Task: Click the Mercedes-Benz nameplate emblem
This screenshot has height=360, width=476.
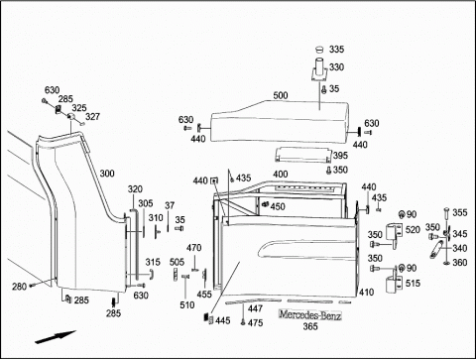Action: (310, 315)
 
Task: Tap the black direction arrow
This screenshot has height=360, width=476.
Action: (56, 337)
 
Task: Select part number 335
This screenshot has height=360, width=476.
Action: (336, 50)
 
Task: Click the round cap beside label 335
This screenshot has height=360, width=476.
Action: (319, 50)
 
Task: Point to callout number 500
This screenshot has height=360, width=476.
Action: (281, 95)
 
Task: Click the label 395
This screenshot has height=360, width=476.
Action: (340, 155)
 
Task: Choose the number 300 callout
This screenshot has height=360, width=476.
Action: (107, 174)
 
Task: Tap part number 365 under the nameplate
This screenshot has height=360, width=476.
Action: (310, 326)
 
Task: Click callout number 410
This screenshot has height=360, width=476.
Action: (366, 292)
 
